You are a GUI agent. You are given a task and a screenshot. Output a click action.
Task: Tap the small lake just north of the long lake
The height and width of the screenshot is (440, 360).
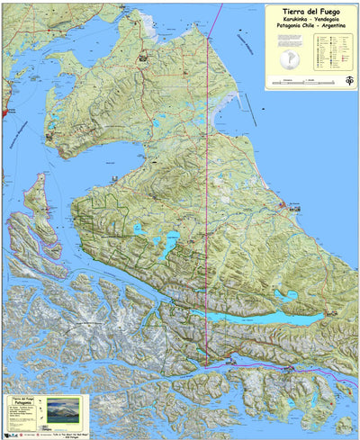coord(286,294)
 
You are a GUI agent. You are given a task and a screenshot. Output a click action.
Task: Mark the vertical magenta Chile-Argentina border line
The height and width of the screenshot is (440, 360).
coord(208,180)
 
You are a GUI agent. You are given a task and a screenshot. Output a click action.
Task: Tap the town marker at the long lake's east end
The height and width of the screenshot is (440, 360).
coord(329,314)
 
